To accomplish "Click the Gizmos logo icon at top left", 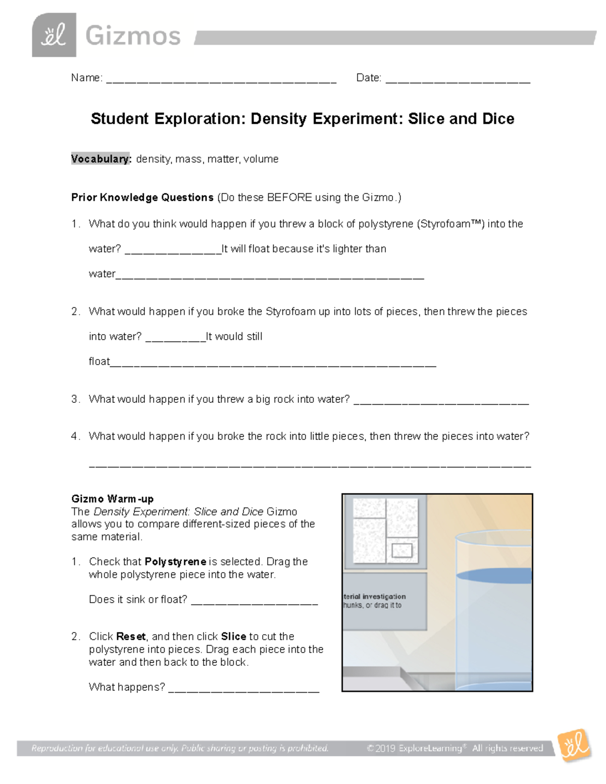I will click(54, 35).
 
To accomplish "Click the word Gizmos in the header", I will click(133, 36).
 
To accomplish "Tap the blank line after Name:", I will click(221, 79).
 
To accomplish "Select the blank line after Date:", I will click(458, 79).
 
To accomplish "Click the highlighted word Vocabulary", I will click(101, 159).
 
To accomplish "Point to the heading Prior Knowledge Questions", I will click(142, 197).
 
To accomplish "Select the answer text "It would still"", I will click(234, 337).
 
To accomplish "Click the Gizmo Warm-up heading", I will click(112, 499).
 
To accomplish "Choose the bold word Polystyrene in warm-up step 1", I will click(175, 561).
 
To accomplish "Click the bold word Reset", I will click(131, 636).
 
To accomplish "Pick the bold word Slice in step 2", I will click(233, 636).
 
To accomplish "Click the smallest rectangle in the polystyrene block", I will click(402, 550).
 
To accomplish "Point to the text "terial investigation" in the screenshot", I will click(375, 596).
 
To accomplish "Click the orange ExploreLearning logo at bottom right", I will click(574, 746).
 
